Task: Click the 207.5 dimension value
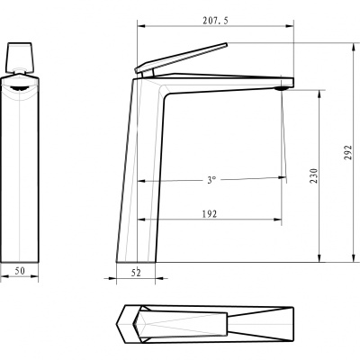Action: (215, 20)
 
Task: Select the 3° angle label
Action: (211, 180)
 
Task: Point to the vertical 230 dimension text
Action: (314, 176)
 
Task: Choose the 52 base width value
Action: (138, 270)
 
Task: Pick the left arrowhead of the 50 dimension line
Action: (3, 277)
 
